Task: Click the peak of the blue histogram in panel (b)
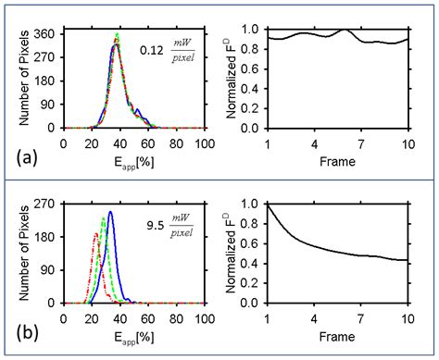tap(110, 213)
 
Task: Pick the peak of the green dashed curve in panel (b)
tap(103, 218)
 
